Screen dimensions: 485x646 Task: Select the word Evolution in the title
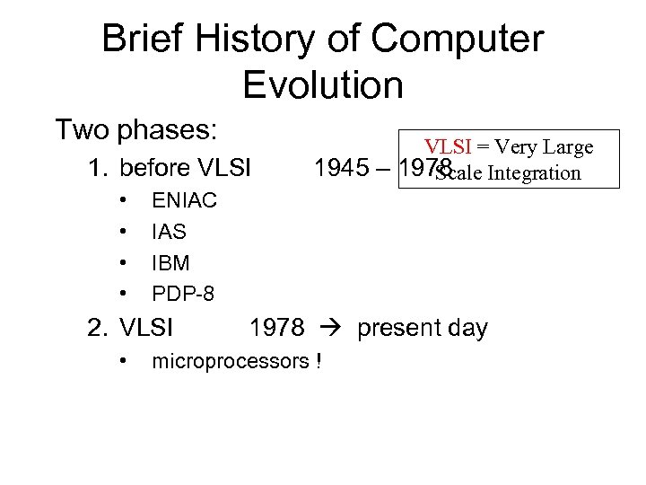tap(323, 85)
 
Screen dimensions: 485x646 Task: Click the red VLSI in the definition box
tap(453, 147)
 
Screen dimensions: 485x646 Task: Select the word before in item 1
tap(160, 168)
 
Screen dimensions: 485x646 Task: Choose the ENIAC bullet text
tap(184, 201)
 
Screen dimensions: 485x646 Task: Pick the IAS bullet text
tap(169, 232)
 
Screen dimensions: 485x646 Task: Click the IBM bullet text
tap(170, 262)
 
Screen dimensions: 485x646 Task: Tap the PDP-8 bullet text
tap(183, 293)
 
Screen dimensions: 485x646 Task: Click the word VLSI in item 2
tap(146, 328)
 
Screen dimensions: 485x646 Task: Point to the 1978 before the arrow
tap(277, 328)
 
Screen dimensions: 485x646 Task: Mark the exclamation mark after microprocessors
tap(318, 362)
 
